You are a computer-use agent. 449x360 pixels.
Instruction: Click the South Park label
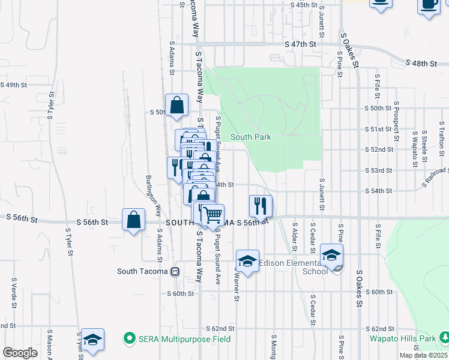pos(251,137)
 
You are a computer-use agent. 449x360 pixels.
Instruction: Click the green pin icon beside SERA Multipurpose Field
pos(128,338)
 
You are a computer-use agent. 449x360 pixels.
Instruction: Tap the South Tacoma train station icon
pos(175,271)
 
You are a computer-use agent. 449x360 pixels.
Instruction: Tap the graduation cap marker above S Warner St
pos(247,260)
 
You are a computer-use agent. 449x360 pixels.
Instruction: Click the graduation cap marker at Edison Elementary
pos(331,254)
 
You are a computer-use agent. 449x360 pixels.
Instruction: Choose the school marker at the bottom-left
pos(92,340)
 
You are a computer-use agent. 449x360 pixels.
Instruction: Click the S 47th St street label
pos(300,44)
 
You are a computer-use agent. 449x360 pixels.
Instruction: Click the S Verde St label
pos(13,293)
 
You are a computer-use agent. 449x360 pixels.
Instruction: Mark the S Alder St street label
pos(295,239)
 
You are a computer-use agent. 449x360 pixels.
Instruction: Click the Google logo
pos(19,353)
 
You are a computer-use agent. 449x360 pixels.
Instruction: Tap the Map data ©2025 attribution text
pos(423,355)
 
